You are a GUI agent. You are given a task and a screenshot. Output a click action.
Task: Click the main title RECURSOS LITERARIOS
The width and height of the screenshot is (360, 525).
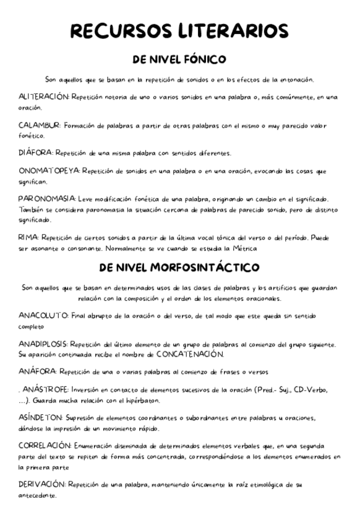click(179, 31)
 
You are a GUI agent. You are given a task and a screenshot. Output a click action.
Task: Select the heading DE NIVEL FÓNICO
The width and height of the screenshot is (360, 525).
click(179, 60)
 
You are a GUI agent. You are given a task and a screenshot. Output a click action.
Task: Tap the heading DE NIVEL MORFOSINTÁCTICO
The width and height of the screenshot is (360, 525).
click(179, 268)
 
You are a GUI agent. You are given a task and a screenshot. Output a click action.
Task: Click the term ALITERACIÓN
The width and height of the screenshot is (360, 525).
click(44, 97)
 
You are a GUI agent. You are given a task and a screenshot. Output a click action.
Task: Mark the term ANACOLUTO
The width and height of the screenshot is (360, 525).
click(44, 315)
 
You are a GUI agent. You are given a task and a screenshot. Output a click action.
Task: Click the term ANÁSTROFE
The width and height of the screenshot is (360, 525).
click(46, 390)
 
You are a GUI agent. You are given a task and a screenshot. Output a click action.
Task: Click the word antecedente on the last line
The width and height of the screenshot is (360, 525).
click(38, 495)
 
